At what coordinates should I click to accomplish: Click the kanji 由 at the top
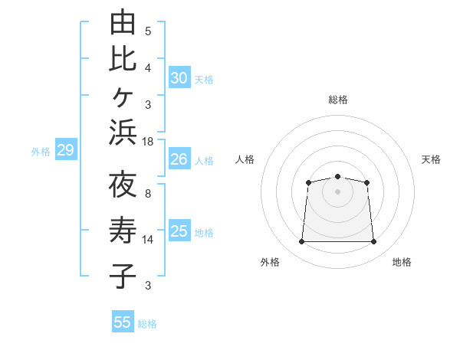pos(123,21)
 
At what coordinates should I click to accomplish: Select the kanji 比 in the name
pos(123,59)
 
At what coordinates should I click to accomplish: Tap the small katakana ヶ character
pos(123,97)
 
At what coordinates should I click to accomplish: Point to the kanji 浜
pos(123,133)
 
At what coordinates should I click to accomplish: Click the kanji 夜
pos(123,184)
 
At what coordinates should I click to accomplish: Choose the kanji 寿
pos(123,230)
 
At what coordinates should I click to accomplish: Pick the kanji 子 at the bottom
pos(123,276)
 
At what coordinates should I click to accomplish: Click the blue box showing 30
pos(179,77)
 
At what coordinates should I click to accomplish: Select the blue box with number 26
pos(179,159)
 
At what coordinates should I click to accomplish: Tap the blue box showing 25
pos(179,230)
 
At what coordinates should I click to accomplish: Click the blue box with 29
pos(66,149)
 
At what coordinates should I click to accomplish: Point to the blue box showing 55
pos(123,321)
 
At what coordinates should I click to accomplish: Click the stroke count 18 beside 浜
pos(147,142)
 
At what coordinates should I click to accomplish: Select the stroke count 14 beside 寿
pos(147,240)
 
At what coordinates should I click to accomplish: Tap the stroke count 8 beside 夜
pos(148,194)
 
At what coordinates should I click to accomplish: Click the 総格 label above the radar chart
pos(338,100)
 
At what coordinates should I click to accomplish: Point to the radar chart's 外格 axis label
pos(270,262)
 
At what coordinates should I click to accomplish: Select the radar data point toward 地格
pos(373,241)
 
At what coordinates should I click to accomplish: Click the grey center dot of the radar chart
pos(337,191)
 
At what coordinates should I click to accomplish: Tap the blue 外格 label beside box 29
pos(41,152)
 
